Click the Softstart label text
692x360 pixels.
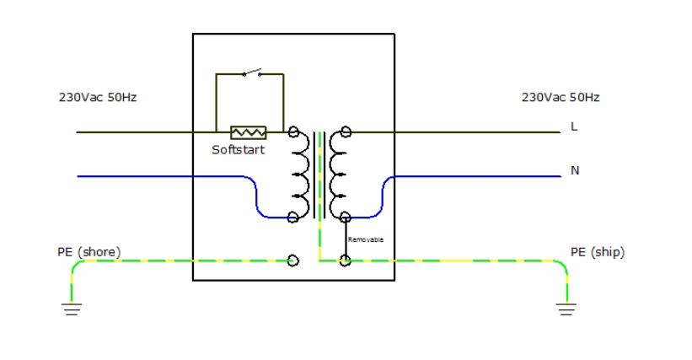click(x=239, y=149)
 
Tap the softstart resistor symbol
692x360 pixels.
click(x=249, y=132)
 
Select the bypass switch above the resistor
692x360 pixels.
click(x=252, y=73)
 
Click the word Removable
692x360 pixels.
click(x=366, y=239)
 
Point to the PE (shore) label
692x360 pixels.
click(x=89, y=252)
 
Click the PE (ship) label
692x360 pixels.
click(x=598, y=252)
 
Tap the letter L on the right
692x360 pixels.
click(x=574, y=126)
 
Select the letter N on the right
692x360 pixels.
click(x=575, y=170)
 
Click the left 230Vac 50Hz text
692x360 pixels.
click(x=98, y=97)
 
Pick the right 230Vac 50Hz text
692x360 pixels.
click(x=561, y=97)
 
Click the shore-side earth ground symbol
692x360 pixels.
click(x=72, y=309)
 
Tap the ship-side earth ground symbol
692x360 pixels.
click(x=566, y=309)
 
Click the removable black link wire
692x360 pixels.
click(x=346, y=239)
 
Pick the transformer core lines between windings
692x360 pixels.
click(x=319, y=175)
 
